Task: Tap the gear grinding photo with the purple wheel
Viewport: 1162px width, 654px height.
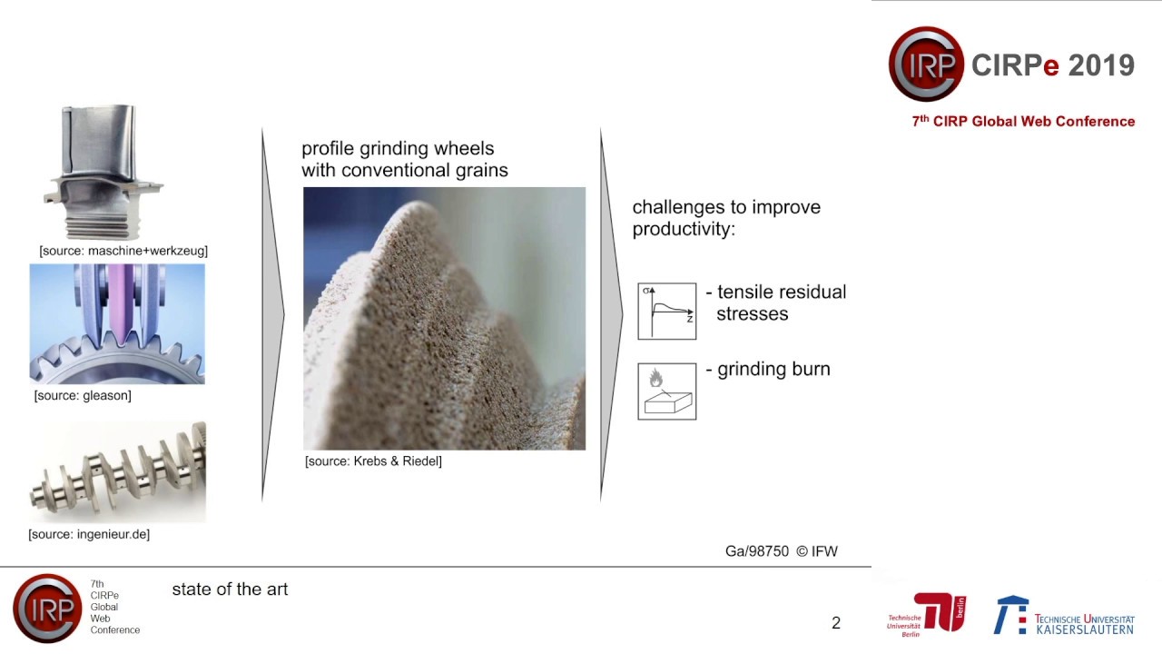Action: [x=117, y=323]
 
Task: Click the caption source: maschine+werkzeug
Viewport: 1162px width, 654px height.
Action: [x=123, y=251]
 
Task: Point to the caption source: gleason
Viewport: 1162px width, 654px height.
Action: [x=83, y=395]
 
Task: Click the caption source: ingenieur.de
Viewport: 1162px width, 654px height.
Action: [x=89, y=534]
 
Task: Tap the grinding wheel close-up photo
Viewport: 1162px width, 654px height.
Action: [x=444, y=318]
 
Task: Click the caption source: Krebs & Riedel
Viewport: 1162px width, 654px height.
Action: [x=373, y=461]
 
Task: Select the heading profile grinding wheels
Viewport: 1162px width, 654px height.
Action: [x=398, y=149]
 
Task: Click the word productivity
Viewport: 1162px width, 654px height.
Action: [x=683, y=229]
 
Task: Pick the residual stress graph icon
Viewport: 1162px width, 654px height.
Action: [x=667, y=312]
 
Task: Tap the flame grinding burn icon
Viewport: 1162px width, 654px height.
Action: [x=667, y=391]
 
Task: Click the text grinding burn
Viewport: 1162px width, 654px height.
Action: [x=773, y=370]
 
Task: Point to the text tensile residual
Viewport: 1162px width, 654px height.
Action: [x=781, y=292]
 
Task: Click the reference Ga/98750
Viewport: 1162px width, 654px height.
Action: [x=757, y=551]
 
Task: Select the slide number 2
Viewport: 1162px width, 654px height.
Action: [x=836, y=623]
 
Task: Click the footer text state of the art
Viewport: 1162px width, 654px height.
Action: [x=230, y=590]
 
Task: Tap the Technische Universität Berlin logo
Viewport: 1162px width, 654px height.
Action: [x=926, y=615]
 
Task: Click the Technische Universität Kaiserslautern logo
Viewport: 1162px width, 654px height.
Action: [x=1064, y=616]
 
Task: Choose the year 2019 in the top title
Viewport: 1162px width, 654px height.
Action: [x=1101, y=65]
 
